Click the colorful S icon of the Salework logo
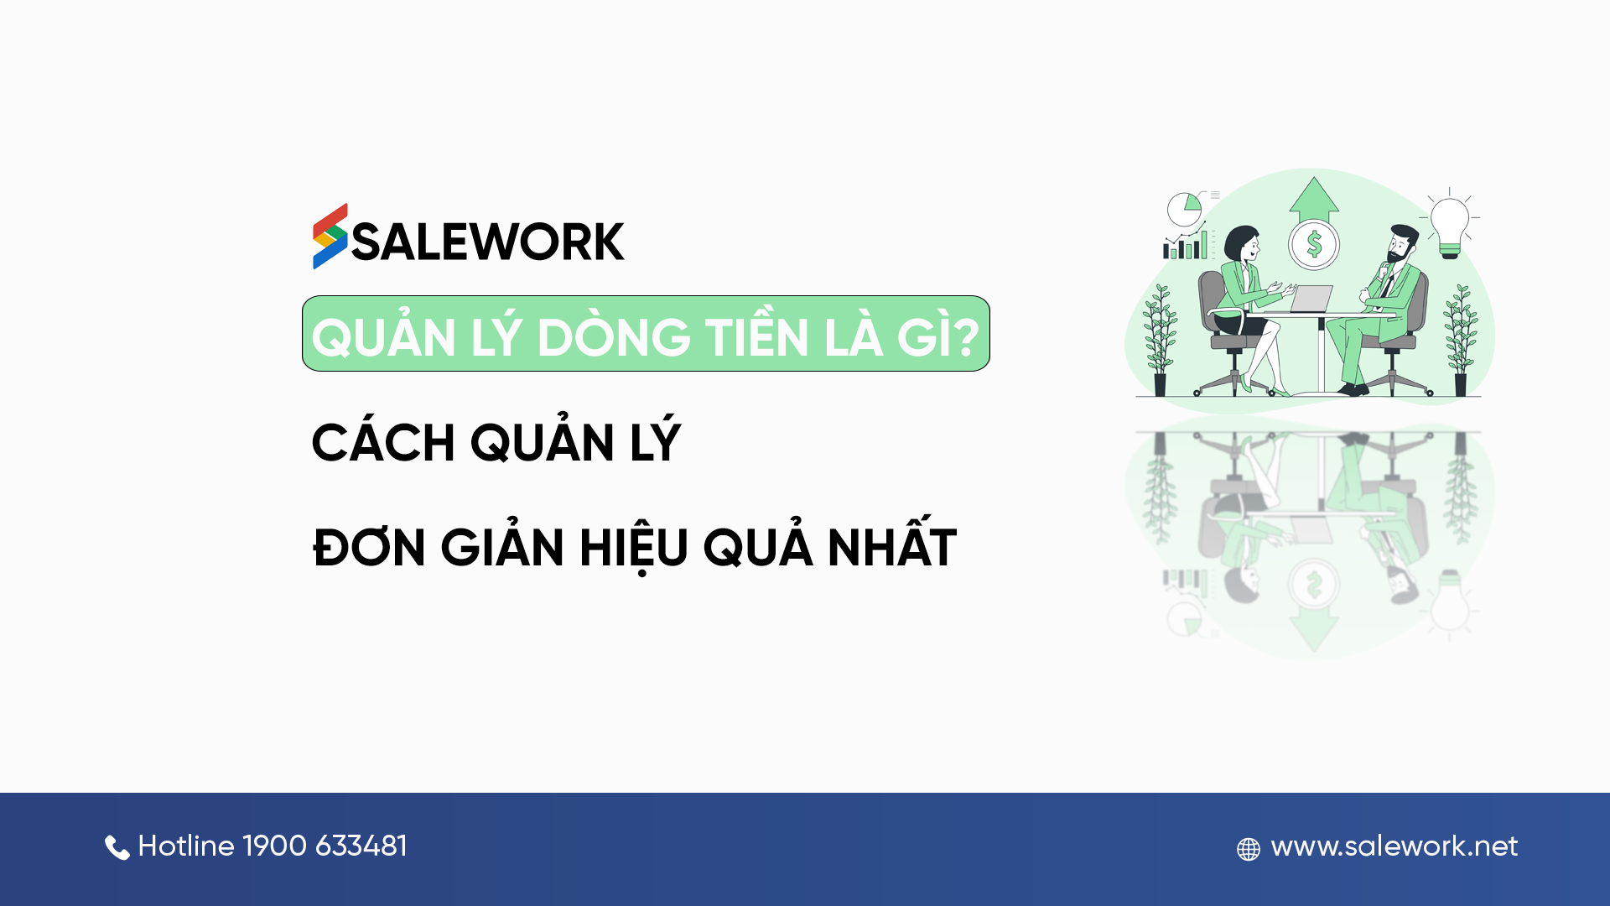click(x=330, y=237)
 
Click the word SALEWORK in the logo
click(x=488, y=242)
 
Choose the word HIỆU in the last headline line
click(x=634, y=549)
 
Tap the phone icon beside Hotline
click(x=117, y=848)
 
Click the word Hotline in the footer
click(x=186, y=846)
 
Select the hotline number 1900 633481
click(x=325, y=846)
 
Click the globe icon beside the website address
click(x=1249, y=849)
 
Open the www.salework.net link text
click(x=1394, y=846)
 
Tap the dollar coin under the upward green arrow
click(x=1314, y=244)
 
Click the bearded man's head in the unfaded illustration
click(x=1401, y=243)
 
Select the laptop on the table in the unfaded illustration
click(x=1310, y=299)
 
